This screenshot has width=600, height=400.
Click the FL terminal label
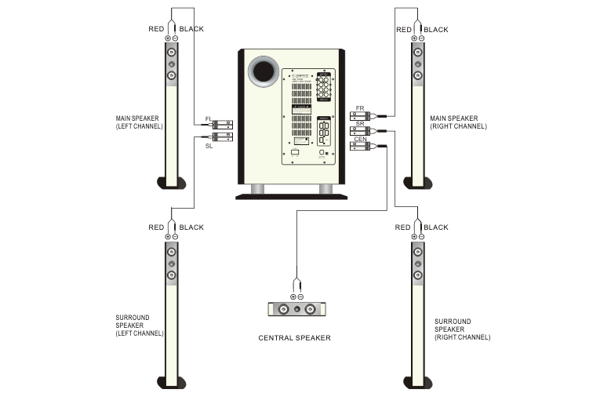point(209,118)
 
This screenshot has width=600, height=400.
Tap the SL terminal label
point(209,146)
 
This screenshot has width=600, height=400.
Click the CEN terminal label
point(360,139)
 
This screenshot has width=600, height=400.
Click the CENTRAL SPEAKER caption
point(295,338)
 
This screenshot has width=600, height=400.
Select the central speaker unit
point(296,309)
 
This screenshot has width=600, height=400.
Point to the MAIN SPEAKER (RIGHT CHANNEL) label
point(459,122)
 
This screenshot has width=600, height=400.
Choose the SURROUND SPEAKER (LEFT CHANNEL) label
point(139,325)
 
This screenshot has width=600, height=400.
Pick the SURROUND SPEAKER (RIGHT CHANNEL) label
point(463,329)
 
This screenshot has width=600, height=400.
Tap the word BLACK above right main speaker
point(436,29)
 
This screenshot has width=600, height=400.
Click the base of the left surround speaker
point(172,382)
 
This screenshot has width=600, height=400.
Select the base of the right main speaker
point(417,183)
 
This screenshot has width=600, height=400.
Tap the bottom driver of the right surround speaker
point(417,275)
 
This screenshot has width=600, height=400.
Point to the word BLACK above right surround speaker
point(436,227)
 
